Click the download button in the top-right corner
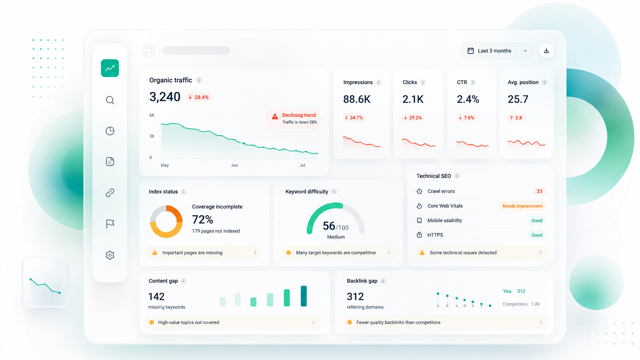tap(546, 50)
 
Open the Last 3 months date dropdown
tap(497, 50)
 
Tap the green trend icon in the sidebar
tap(110, 68)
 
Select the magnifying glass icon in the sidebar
tap(110, 100)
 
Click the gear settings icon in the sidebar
tap(110, 255)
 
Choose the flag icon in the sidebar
tap(110, 224)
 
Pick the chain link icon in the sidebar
tap(110, 193)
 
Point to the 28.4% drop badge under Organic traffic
tap(199, 97)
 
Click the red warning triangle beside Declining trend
tap(275, 116)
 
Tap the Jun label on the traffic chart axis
tap(234, 165)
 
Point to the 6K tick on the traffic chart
tap(152, 115)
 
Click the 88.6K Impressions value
tap(357, 99)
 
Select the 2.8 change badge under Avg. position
tap(516, 117)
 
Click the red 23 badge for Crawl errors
tap(539, 191)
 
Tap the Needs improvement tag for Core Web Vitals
tap(522, 206)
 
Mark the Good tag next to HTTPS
tap(537, 235)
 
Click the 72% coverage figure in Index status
tap(202, 220)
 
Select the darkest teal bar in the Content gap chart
tap(304, 296)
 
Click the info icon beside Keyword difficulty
tap(334, 192)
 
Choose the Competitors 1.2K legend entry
tap(521, 304)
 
